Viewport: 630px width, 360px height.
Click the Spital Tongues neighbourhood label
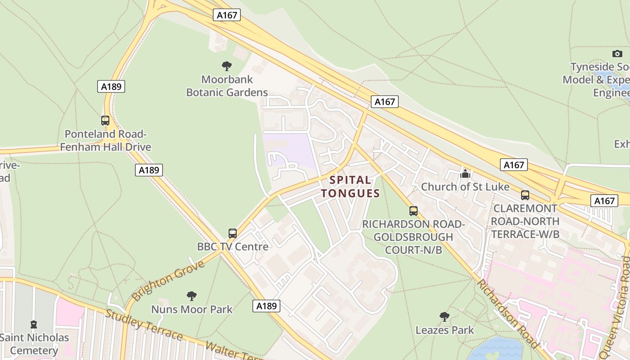(351, 187)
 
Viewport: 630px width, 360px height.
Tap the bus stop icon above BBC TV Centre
(232, 234)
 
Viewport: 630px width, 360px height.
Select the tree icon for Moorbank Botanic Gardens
(227, 66)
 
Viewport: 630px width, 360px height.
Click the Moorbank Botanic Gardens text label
(227, 86)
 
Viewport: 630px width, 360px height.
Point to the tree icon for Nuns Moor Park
(192, 296)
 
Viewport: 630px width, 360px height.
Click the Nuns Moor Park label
(192, 309)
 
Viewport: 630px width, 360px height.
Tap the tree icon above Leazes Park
(445, 317)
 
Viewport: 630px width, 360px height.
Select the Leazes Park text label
(445, 330)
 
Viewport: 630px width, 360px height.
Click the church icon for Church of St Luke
(465, 173)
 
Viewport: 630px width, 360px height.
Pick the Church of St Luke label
(465, 187)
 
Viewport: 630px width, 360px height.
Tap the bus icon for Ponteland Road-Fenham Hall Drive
(105, 121)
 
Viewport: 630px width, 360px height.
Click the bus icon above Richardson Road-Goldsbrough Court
(413, 211)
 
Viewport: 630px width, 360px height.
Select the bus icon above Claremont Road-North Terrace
(525, 195)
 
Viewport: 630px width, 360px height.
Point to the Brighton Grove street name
(168, 280)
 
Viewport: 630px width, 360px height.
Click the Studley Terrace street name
(144, 324)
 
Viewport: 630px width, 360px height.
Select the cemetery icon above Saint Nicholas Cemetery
(34, 324)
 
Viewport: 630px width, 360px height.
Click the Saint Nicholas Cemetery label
(35, 344)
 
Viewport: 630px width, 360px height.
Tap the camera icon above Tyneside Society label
(617, 54)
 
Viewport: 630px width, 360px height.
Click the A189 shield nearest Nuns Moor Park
(266, 306)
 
